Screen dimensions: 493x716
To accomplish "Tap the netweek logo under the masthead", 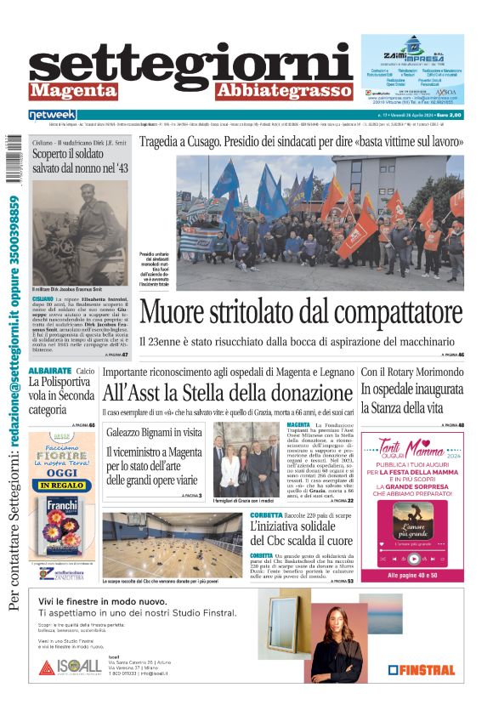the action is pyautogui.click(x=53, y=115).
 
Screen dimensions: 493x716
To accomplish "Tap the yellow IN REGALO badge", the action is pyautogui.click(x=61, y=486).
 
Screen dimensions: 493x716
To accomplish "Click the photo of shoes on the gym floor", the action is pyautogui.click(x=172, y=543).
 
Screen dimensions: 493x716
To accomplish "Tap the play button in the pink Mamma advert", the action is pyautogui.click(x=413, y=559).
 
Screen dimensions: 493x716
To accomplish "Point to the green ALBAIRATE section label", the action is pyautogui.click(x=48, y=372).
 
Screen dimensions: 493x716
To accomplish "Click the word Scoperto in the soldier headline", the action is pyautogui.click(x=54, y=154).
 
